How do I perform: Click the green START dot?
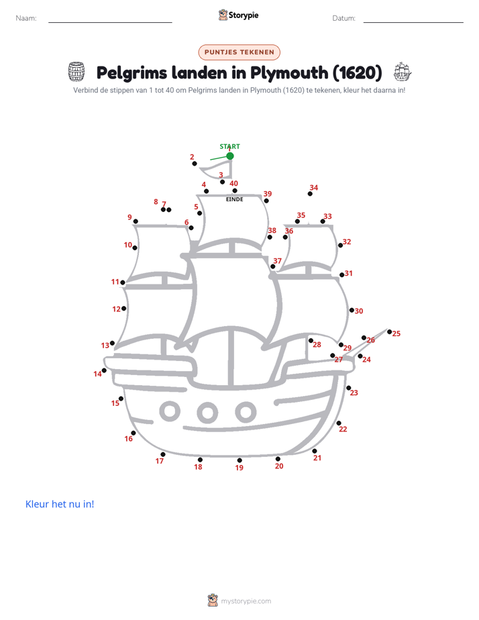click(x=230, y=156)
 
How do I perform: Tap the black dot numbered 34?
click(x=310, y=194)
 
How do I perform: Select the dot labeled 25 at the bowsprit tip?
click(x=389, y=331)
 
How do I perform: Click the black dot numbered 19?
click(x=239, y=460)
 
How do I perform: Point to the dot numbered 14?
click(x=104, y=370)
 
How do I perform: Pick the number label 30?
click(x=359, y=311)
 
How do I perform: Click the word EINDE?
click(x=234, y=199)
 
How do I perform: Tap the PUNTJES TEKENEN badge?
click(x=239, y=52)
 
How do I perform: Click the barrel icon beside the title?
click(x=76, y=72)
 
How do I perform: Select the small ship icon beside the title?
click(x=403, y=72)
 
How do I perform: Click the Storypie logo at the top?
click(x=238, y=15)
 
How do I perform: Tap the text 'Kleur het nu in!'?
click(x=60, y=504)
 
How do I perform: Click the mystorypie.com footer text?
click(x=246, y=601)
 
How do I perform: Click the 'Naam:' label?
click(x=26, y=18)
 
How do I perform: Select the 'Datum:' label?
click(x=344, y=18)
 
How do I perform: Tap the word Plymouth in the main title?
click(x=289, y=73)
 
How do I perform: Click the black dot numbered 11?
click(x=123, y=282)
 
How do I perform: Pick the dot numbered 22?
click(x=339, y=423)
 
